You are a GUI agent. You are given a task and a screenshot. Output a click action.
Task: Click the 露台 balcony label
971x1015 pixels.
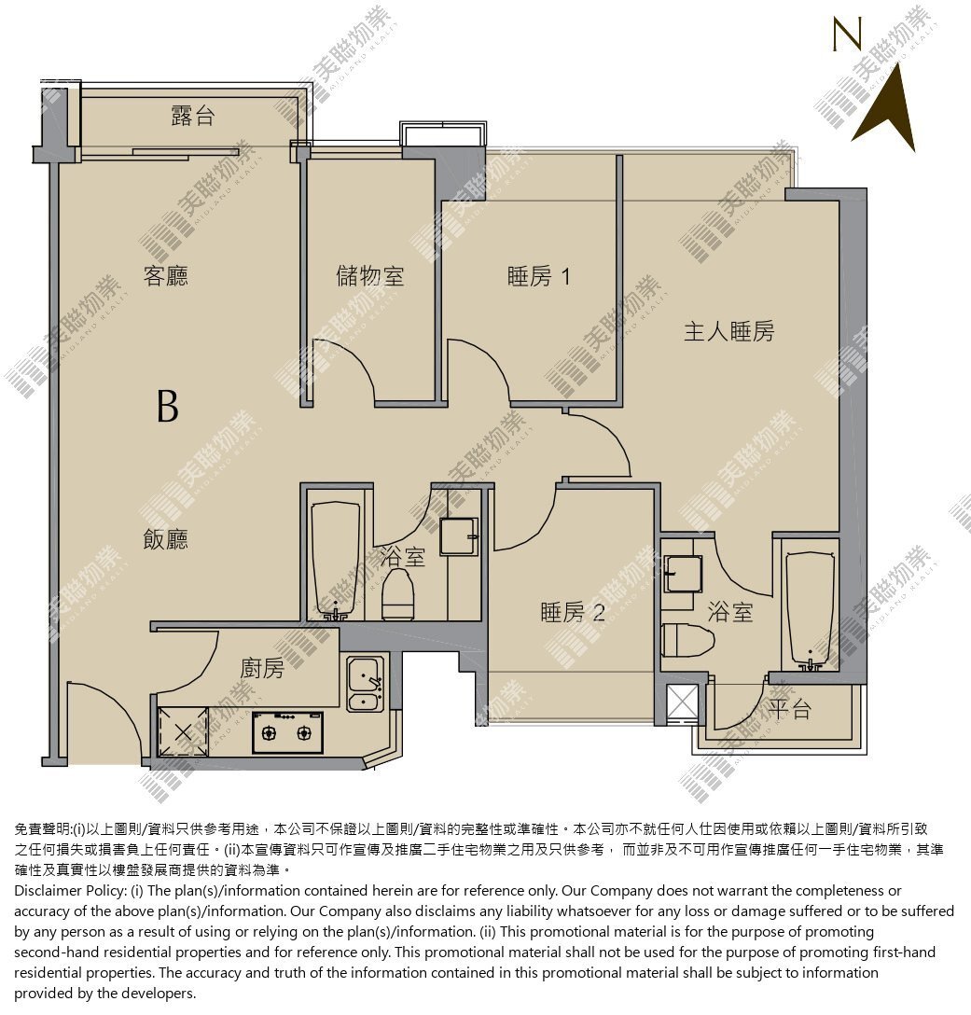[192, 117]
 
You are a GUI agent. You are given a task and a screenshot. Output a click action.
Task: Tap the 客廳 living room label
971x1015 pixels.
[166, 276]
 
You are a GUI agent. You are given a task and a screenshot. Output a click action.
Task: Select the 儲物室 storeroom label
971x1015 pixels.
[369, 276]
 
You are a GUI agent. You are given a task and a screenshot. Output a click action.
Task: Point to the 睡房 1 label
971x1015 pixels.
[538, 277]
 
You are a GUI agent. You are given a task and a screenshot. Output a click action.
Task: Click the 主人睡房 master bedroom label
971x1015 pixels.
[728, 331]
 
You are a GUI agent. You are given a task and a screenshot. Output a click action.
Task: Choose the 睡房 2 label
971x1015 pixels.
[572, 612]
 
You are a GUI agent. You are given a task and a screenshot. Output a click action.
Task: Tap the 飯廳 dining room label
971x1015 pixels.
[166, 539]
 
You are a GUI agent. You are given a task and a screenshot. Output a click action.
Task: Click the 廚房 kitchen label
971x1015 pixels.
[261, 668]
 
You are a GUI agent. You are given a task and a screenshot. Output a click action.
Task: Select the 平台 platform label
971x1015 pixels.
[790, 709]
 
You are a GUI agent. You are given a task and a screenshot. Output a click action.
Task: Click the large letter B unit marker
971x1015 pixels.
[168, 407]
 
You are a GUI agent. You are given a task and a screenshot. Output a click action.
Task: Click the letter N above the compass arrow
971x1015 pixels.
[847, 34]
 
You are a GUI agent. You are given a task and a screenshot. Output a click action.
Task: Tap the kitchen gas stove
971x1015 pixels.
[286, 732]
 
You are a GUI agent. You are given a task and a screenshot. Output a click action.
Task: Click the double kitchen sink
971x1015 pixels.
[366, 684]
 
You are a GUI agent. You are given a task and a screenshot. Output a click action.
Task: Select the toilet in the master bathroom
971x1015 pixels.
[687, 640]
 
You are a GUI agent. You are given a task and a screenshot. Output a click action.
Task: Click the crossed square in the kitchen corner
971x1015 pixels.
[183, 732]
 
